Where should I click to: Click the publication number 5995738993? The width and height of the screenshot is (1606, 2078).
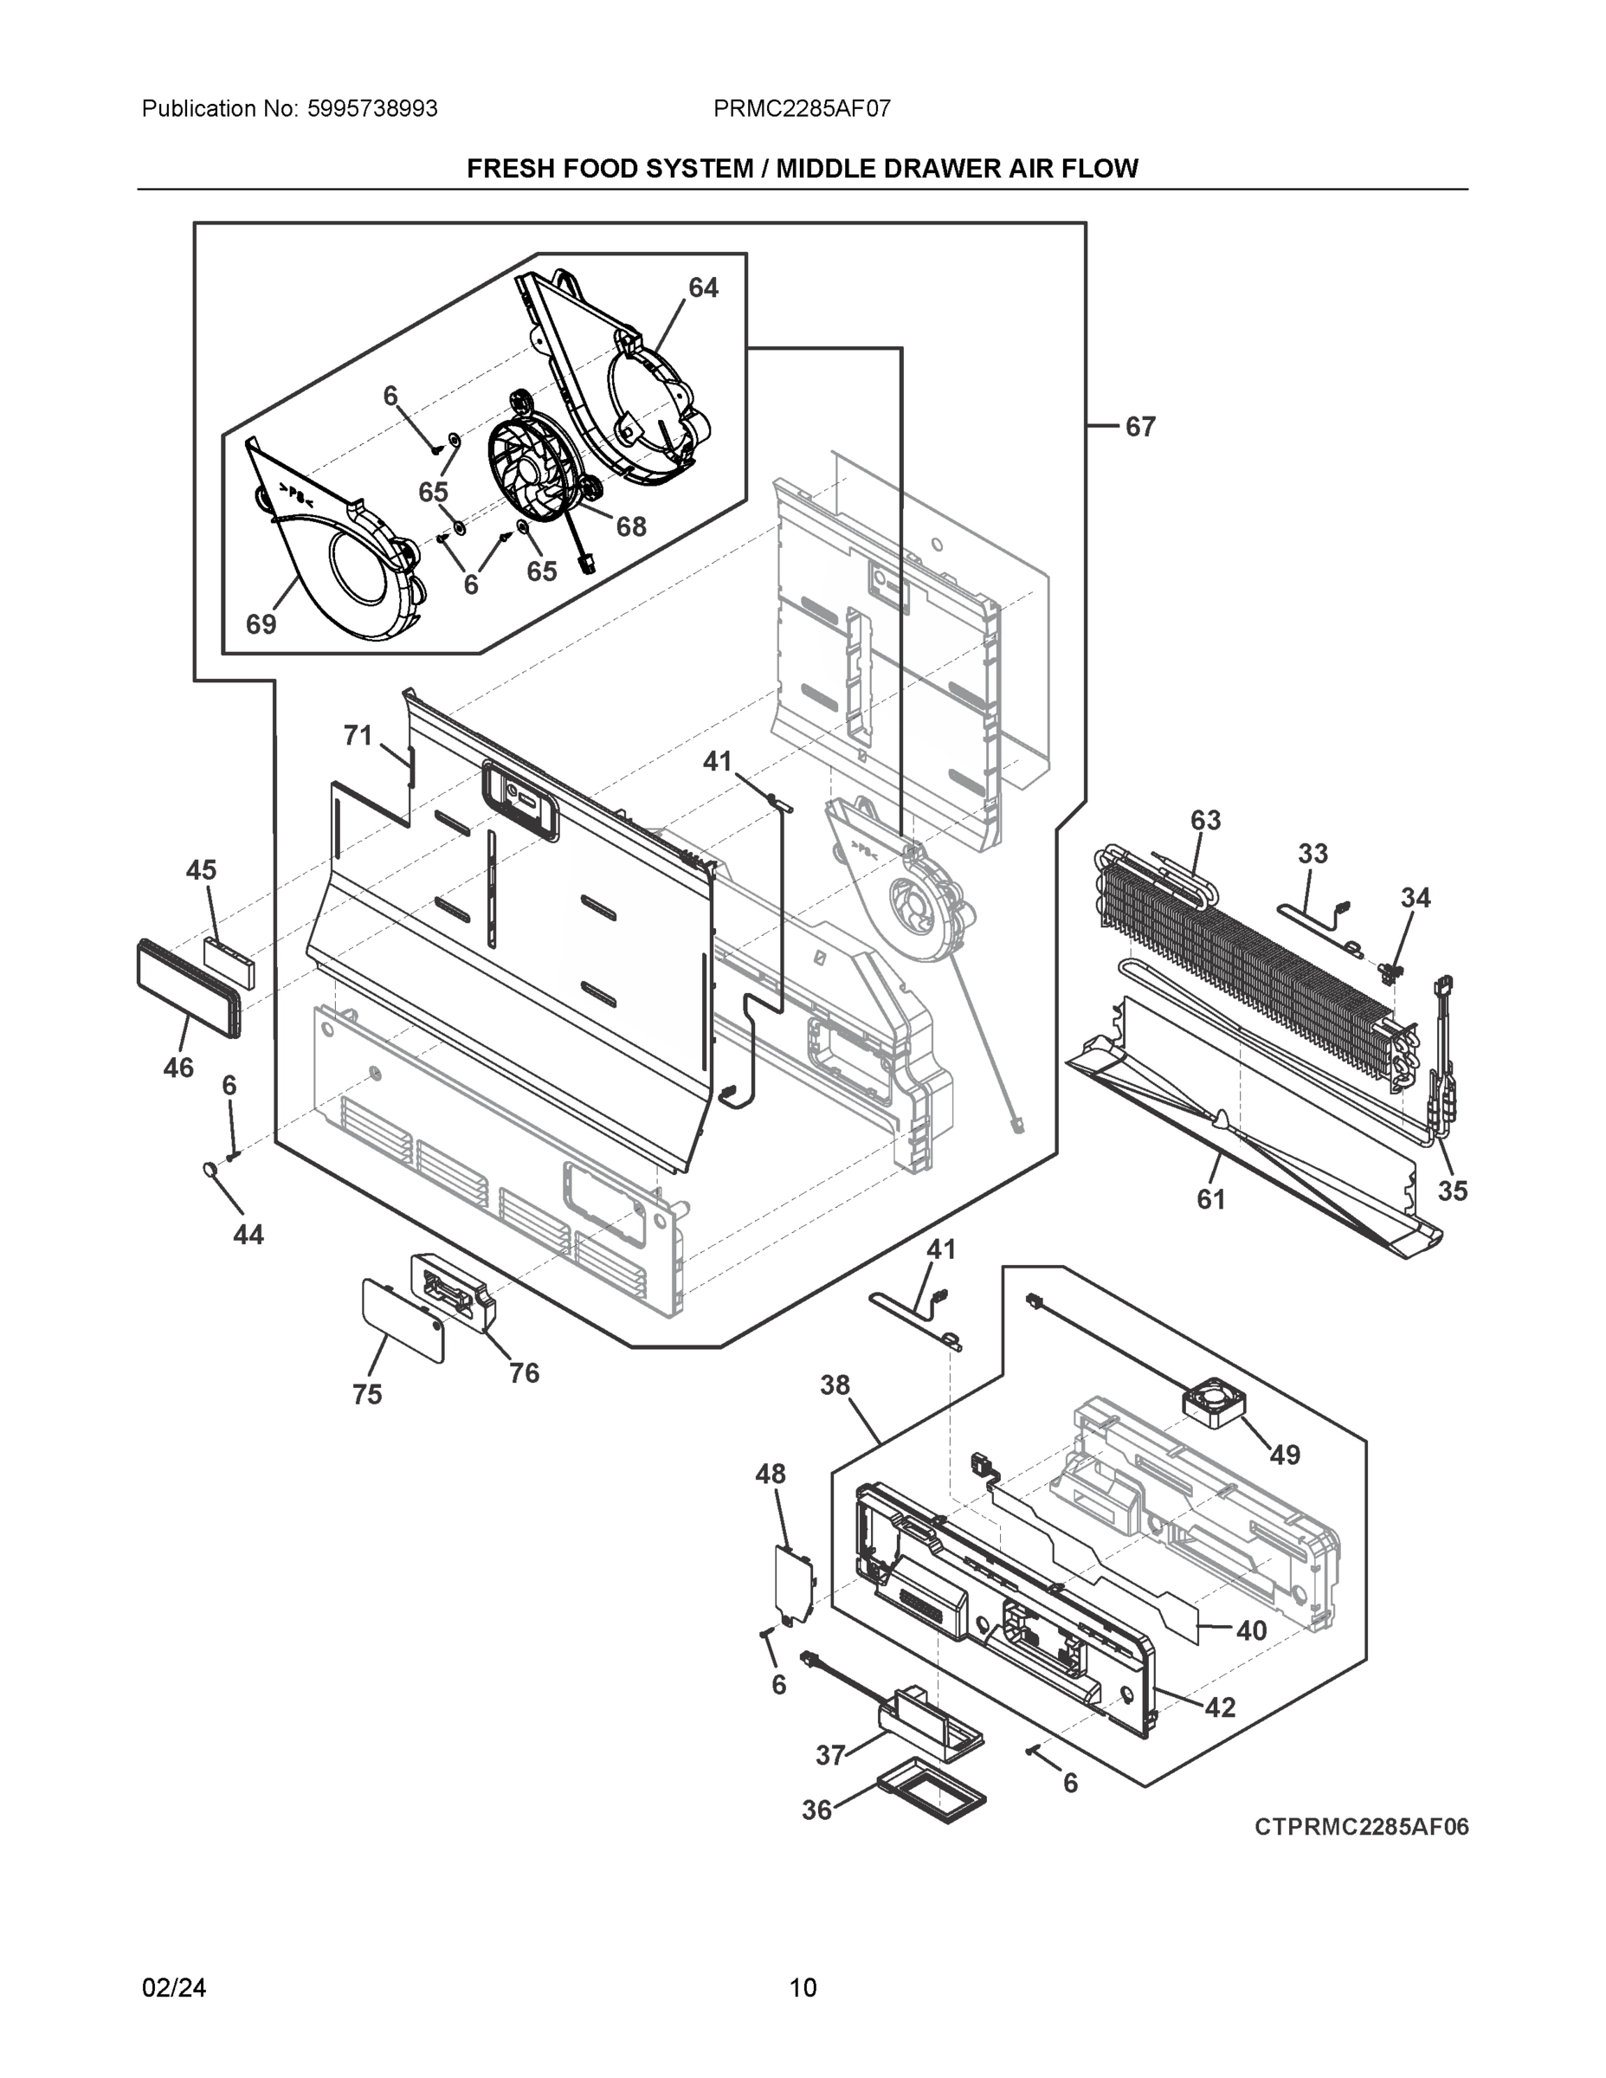372,108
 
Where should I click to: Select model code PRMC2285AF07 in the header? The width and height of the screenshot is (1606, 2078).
802,108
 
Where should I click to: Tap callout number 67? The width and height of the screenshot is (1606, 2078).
1140,427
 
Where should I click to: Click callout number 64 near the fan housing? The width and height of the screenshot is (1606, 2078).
703,287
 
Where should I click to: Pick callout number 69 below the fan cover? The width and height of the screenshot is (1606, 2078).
261,624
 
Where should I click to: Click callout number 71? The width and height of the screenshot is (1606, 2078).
357,735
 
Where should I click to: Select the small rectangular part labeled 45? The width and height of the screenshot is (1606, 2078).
229,962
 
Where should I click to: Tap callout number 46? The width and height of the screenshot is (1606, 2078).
178,1068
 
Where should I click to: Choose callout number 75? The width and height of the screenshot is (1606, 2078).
366,1394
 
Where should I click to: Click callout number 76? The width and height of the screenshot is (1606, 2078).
523,1373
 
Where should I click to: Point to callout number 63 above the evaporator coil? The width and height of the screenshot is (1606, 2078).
1204,820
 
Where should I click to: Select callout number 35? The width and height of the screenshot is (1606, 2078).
1452,1191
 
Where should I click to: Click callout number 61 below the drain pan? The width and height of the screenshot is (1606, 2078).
1210,1200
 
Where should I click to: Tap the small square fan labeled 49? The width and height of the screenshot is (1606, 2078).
1212,1404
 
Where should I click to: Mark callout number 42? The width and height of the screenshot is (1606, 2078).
1220,1708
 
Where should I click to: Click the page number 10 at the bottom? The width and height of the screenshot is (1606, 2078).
803,1988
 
